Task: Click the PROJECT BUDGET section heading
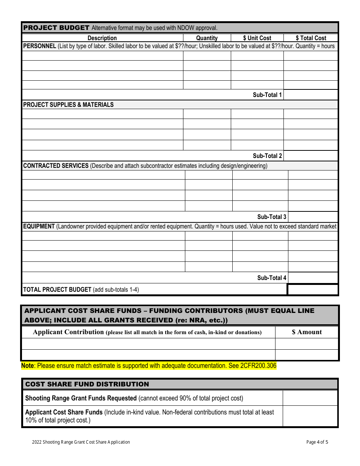point(56,28)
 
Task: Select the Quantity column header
point(207,38)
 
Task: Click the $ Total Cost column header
point(311,38)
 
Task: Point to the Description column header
point(102,38)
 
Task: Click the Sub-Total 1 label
point(267,95)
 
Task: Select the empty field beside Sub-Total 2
point(310,156)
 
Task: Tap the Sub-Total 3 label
point(272,217)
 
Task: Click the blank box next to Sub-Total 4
point(313,278)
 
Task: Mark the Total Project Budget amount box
point(313,289)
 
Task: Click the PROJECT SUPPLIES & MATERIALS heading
point(69,105)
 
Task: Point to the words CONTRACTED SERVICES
point(56,166)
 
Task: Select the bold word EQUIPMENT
point(39,227)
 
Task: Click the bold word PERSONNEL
point(40,46)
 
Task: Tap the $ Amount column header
point(307,332)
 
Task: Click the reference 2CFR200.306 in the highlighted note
point(258,366)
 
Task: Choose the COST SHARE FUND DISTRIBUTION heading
point(87,384)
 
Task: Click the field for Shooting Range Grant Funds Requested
point(310,398)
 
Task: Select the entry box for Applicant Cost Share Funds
point(310,416)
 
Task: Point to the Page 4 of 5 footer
point(317,442)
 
